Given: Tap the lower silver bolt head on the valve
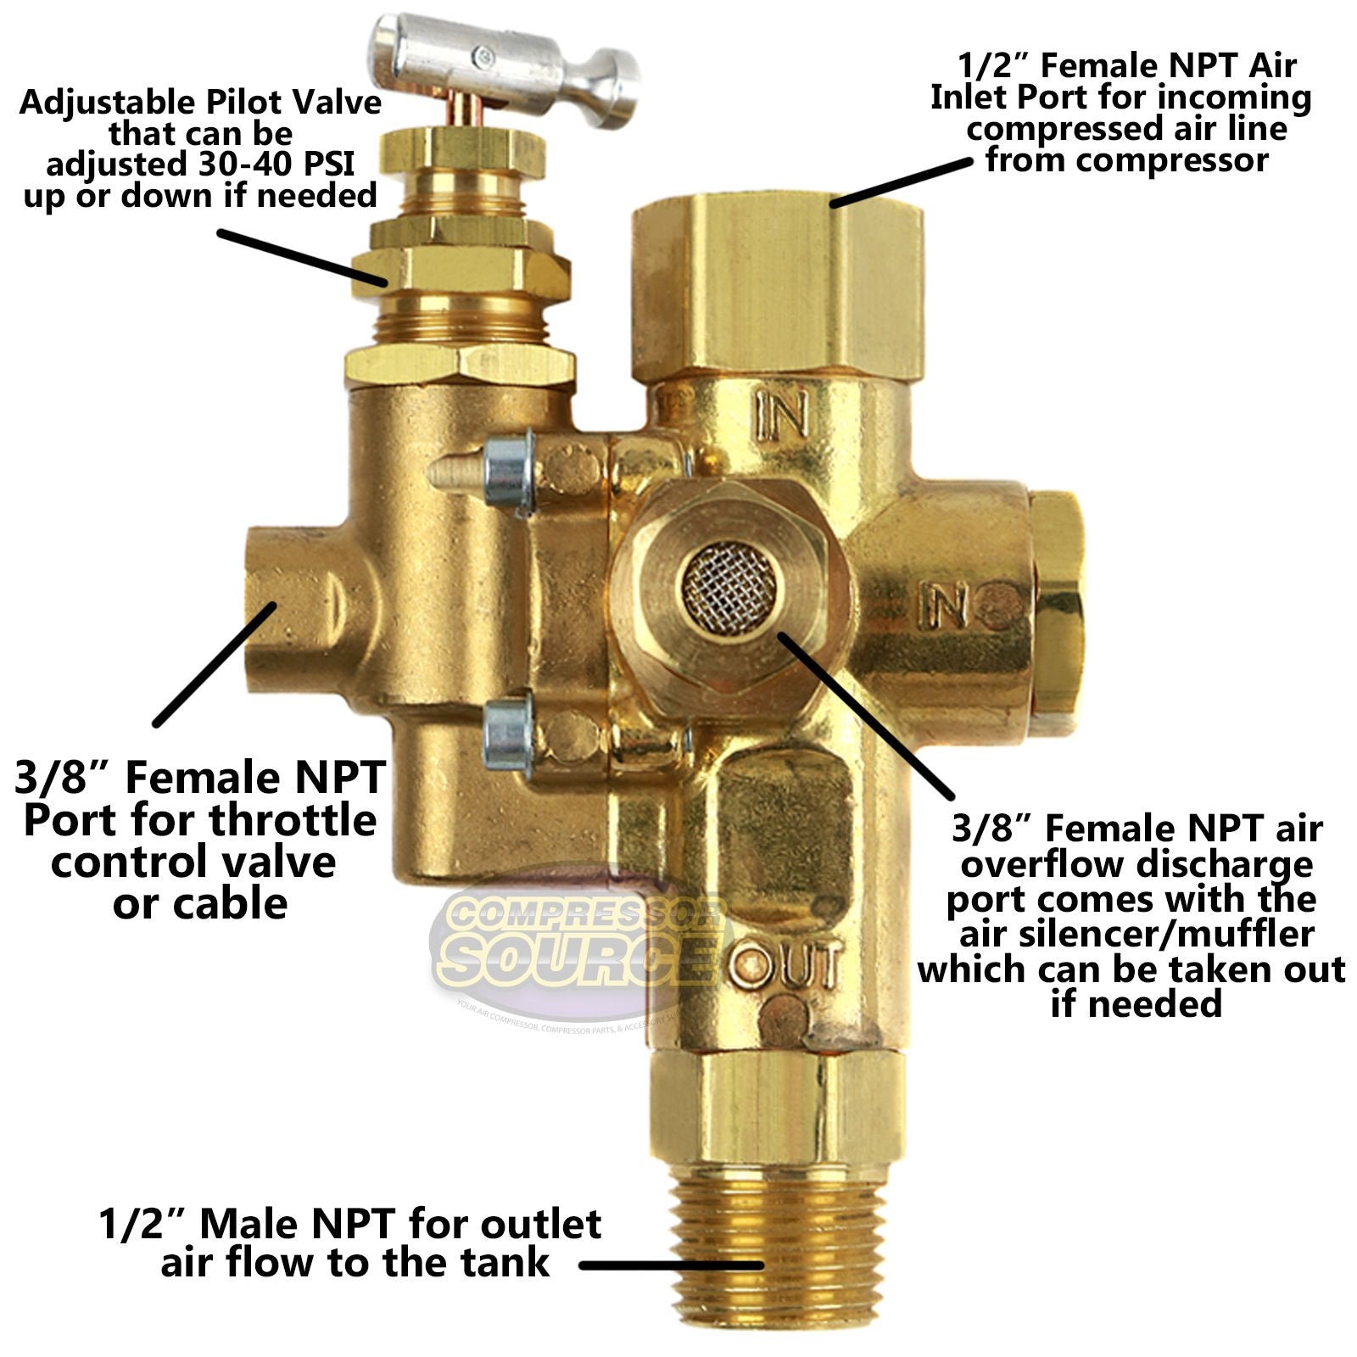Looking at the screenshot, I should (x=507, y=733).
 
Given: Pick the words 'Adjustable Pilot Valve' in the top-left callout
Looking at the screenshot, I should (x=200, y=103).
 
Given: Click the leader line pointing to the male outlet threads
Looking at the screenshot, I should (x=670, y=1265).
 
